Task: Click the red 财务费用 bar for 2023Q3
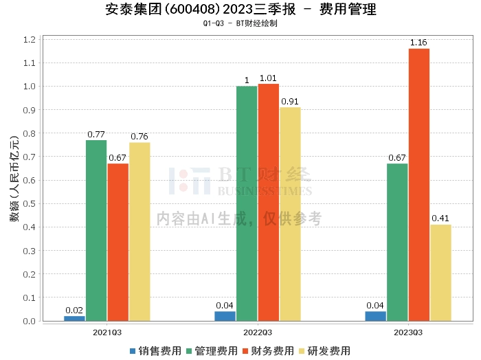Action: click(418, 185)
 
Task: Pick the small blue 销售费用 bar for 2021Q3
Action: click(74, 318)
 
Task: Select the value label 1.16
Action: click(418, 43)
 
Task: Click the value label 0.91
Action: click(290, 102)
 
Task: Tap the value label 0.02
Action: click(74, 310)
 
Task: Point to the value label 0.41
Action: click(440, 218)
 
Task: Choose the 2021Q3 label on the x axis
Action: click(107, 333)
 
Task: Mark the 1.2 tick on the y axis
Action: click(29, 40)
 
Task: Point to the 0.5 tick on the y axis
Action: click(29, 204)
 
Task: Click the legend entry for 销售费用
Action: click(155, 351)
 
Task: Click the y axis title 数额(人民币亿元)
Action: click(14, 181)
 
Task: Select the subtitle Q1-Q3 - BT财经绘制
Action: click(240, 24)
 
